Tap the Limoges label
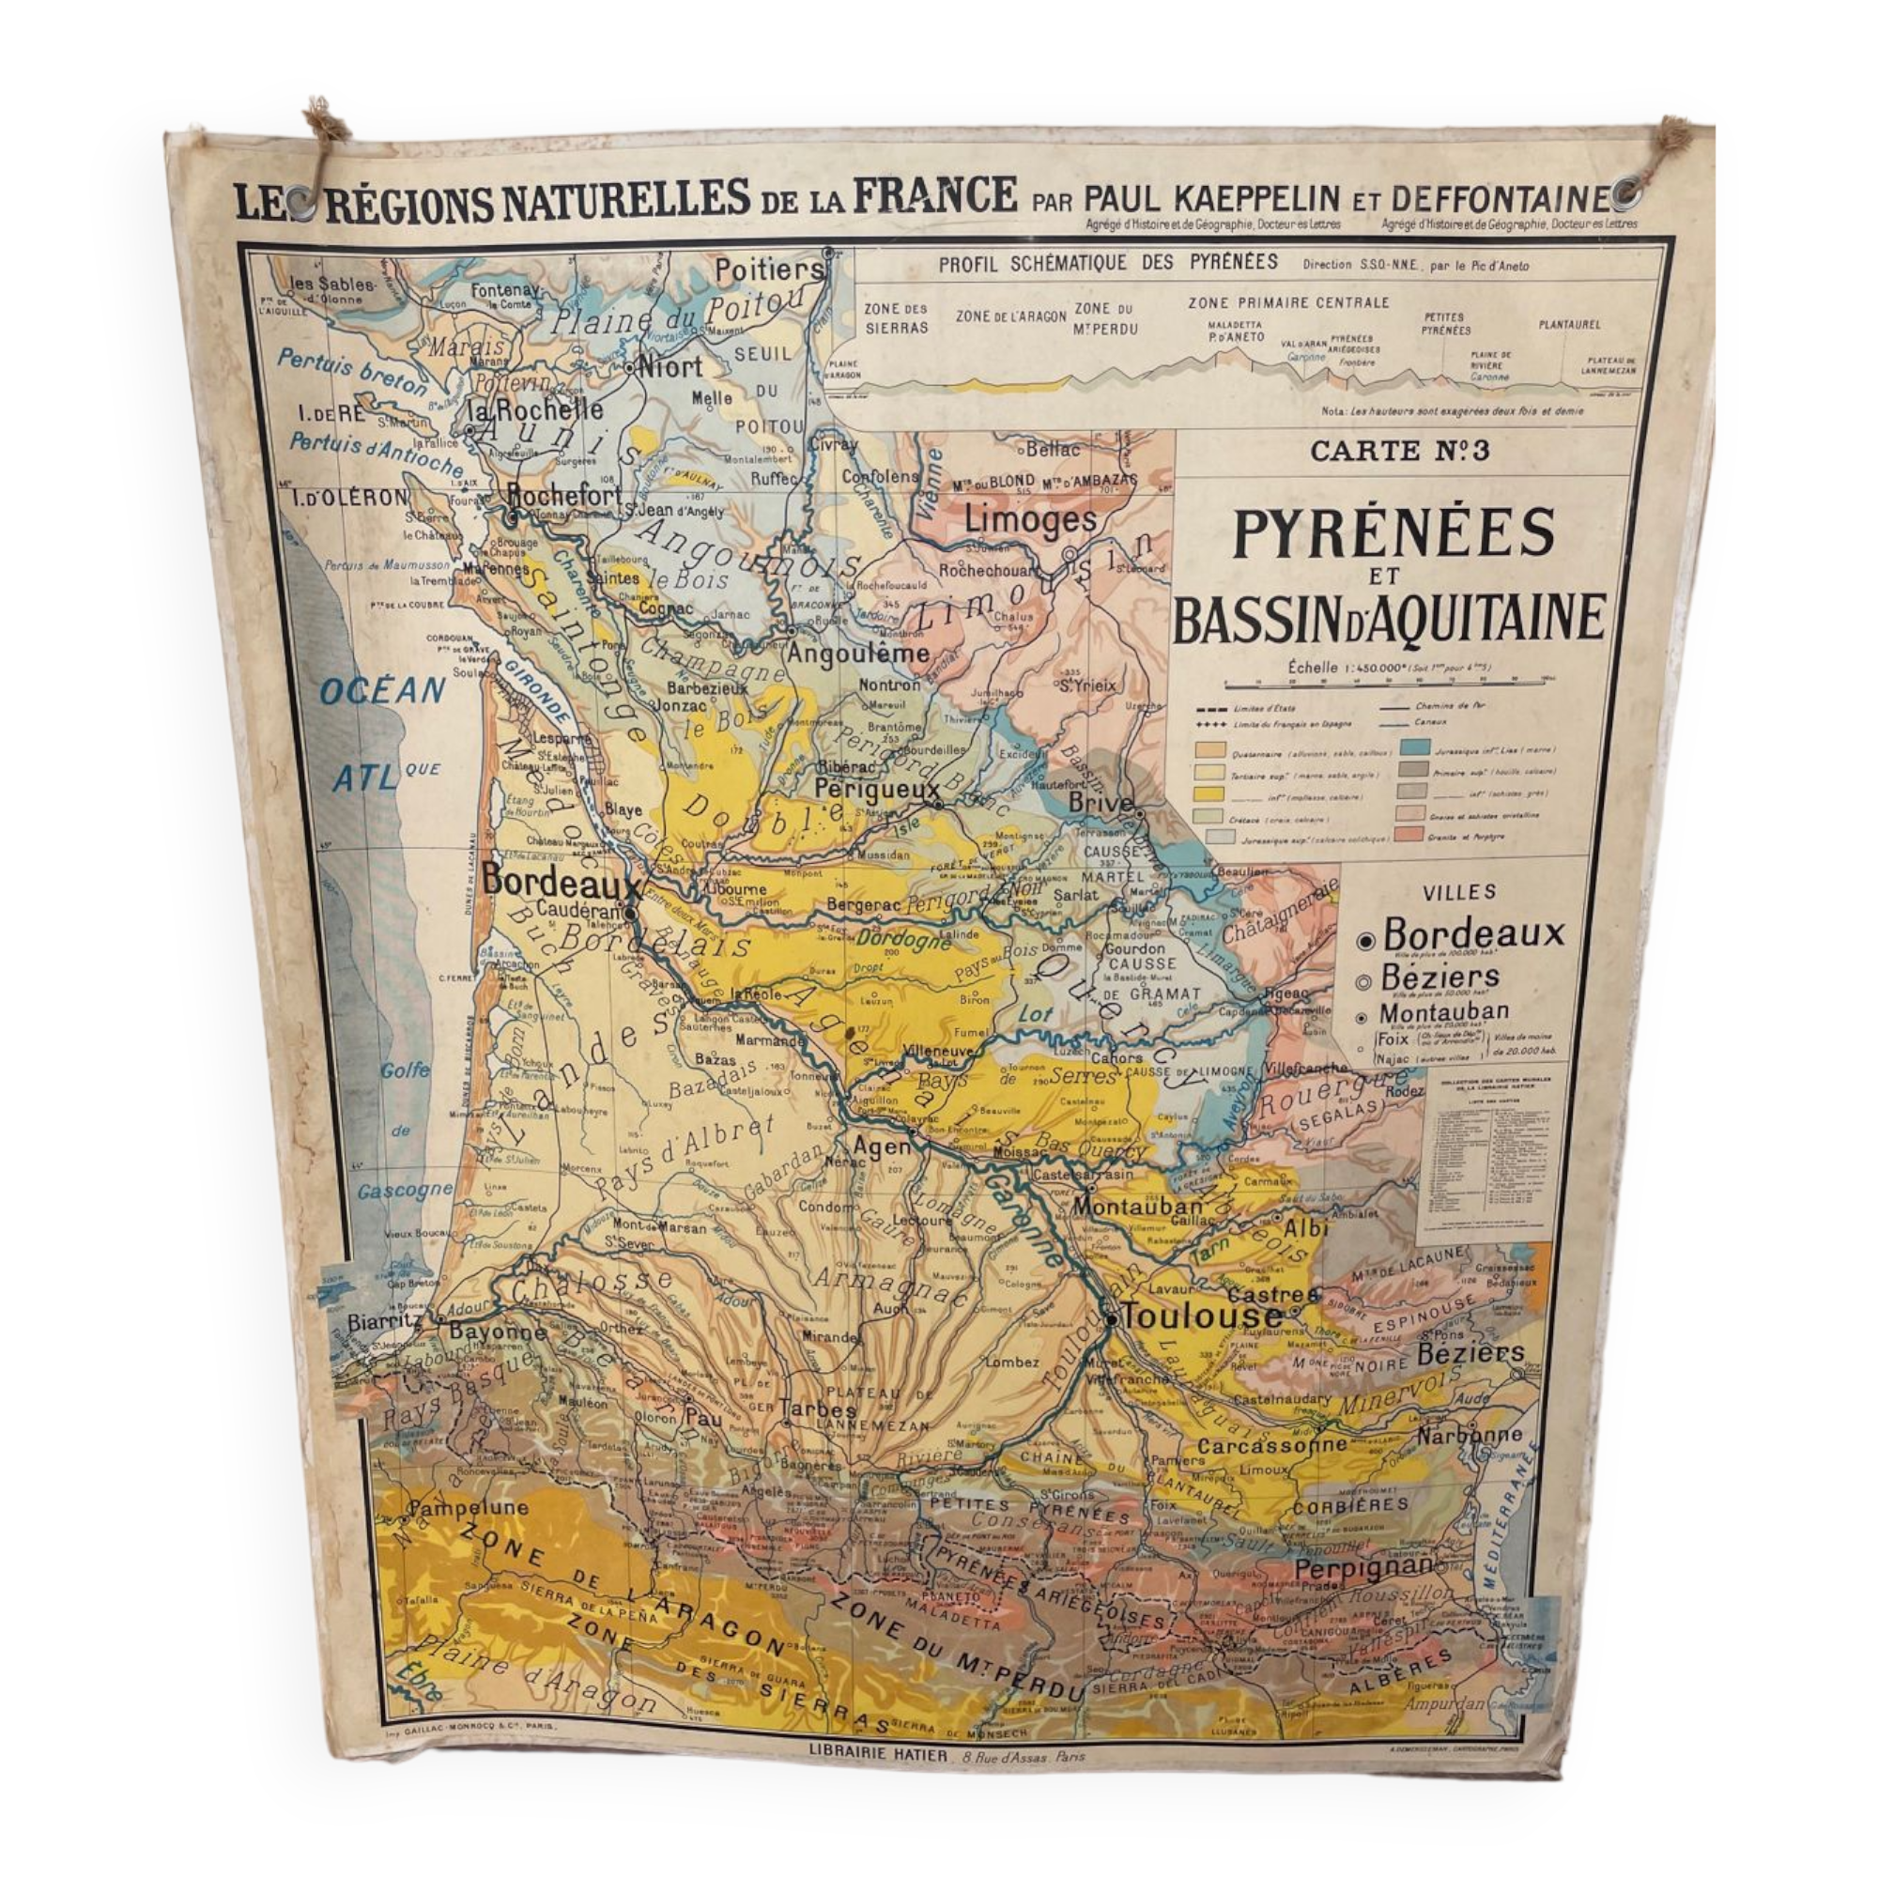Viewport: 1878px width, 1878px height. click(x=1029, y=520)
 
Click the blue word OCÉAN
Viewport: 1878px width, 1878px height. click(x=382, y=692)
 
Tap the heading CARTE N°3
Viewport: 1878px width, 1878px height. click(x=1400, y=451)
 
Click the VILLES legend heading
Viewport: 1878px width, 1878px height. click(x=1458, y=891)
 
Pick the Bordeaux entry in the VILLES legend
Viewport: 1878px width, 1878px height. click(x=1473, y=934)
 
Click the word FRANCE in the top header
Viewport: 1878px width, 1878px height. click(x=935, y=194)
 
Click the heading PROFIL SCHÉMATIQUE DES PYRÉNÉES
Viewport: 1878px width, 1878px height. click(x=1108, y=263)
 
